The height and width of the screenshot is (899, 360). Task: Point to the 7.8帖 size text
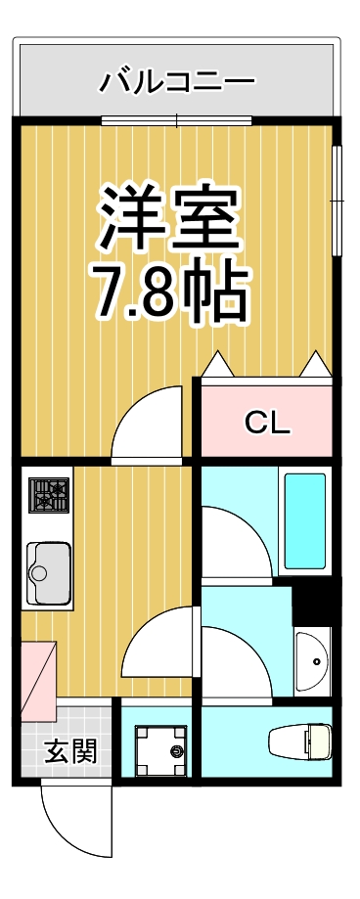(168, 291)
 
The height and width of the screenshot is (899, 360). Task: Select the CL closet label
(267, 423)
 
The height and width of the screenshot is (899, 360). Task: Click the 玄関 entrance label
(69, 752)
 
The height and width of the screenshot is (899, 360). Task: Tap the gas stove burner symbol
(47, 497)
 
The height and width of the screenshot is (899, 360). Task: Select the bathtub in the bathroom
(304, 521)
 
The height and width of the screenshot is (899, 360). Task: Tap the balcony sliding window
(177, 121)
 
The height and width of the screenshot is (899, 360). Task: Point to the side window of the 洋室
(337, 201)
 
